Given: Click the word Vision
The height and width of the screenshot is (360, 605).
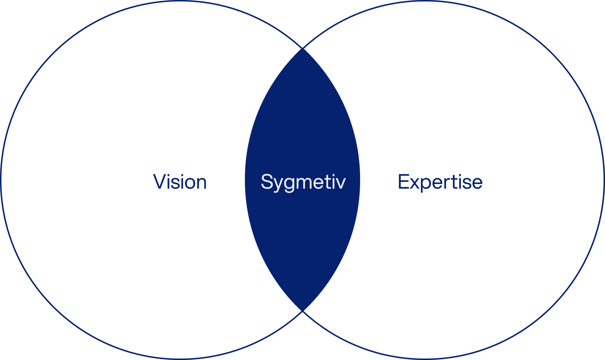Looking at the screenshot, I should (x=180, y=182).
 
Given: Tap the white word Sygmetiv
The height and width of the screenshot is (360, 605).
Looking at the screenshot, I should (x=303, y=182).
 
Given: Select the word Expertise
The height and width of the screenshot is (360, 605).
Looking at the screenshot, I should (x=440, y=182).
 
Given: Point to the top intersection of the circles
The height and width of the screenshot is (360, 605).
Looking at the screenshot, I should (x=303, y=48).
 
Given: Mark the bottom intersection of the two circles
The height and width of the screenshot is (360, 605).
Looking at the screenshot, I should (x=303, y=311).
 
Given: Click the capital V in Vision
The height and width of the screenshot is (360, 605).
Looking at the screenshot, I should (x=160, y=181).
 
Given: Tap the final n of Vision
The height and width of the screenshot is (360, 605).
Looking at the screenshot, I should (x=200, y=183).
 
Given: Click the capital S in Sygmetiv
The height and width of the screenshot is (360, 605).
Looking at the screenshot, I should (x=267, y=181).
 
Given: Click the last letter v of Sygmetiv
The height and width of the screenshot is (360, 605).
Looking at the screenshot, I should (x=340, y=183).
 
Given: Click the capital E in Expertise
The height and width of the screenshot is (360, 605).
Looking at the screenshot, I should (x=404, y=181).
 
